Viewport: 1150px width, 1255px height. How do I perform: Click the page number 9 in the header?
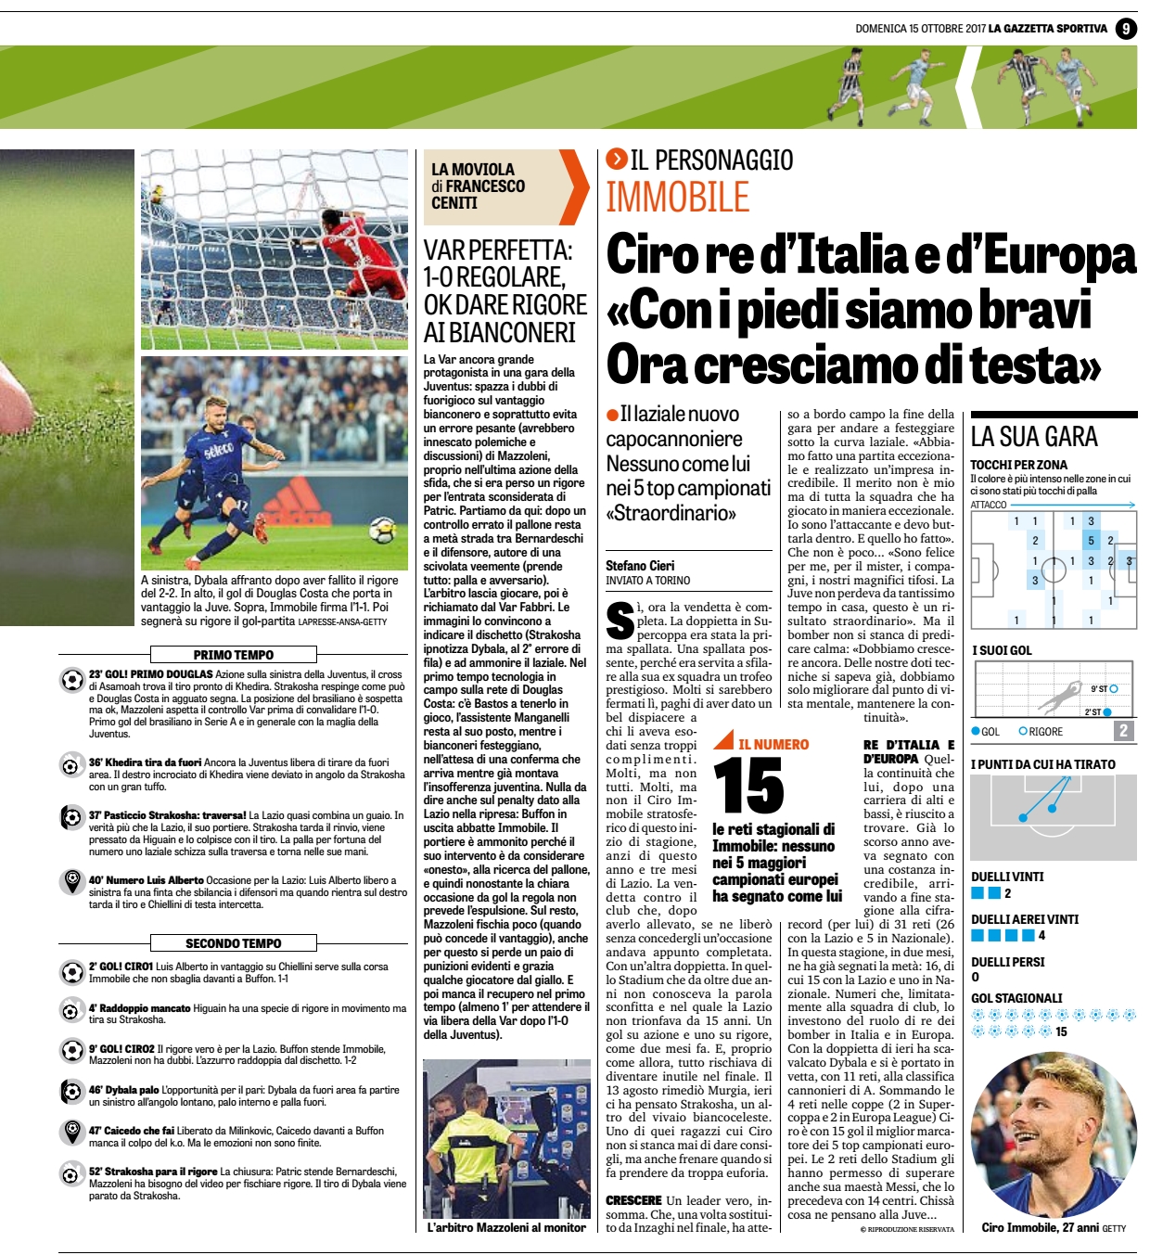pyautogui.click(x=1125, y=29)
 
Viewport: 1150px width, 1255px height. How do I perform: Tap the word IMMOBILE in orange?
pyautogui.click(x=677, y=198)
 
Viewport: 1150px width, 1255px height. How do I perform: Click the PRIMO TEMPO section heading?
pyautogui.click(x=234, y=655)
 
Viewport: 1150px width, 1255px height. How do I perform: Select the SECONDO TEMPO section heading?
pyautogui.click(x=234, y=943)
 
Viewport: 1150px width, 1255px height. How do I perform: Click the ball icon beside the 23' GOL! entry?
pyautogui.click(x=71, y=680)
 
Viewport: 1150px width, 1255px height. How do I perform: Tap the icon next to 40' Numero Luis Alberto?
pyautogui.click(x=71, y=880)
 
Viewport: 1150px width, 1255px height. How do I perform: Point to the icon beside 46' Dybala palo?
pyautogui.click(x=71, y=1091)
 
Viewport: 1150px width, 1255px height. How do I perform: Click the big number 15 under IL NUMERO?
pyautogui.click(x=748, y=786)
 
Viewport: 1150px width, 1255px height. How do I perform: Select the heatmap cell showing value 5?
pyautogui.click(x=1091, y=541)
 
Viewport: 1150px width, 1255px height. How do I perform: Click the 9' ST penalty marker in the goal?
pyautogui.click(x=1113, y=688)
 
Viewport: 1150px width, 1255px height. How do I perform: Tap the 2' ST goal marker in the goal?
pyautogui.click(x=1107, y=712)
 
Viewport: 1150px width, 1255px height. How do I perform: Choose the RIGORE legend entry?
pyautogui.click(x=1041, y=732)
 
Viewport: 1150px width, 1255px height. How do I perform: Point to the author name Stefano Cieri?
pyautogui.click(x=640, y=566)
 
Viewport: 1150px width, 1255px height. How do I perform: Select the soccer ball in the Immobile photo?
pyautogui.click(x=381, y=532)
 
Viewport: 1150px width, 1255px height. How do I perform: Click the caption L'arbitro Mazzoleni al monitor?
pyautogui.click(x=506, y=1228)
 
